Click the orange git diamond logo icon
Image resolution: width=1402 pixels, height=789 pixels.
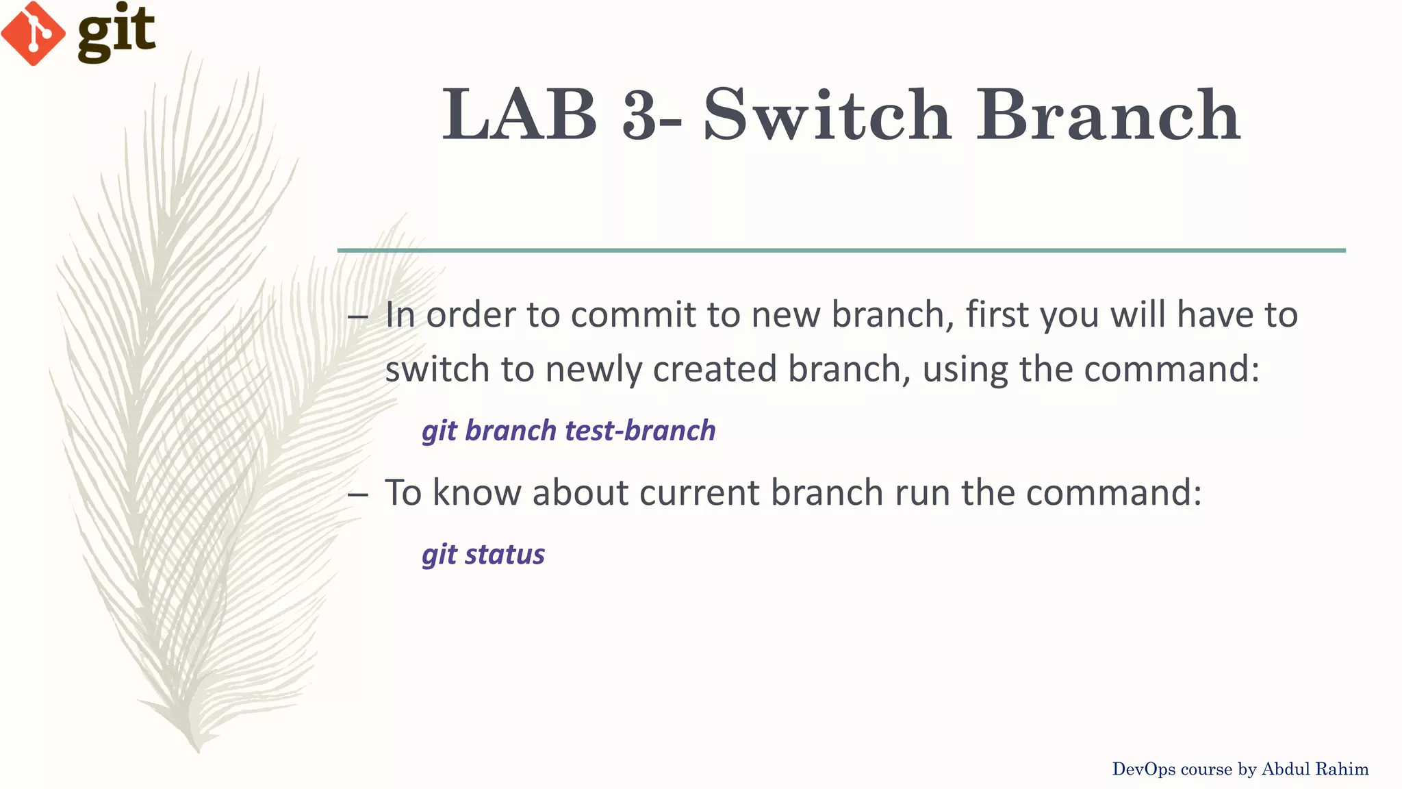[33, 33]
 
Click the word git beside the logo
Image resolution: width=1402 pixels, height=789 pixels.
[116, 31]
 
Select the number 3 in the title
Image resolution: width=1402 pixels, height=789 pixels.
[641, 115]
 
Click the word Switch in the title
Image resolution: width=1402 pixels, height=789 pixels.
[827, 115]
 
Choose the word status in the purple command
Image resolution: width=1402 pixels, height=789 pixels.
[505, 554]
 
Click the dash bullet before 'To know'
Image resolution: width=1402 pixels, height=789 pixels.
[358, 494]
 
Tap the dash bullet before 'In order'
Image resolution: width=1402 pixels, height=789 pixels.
[358, 316]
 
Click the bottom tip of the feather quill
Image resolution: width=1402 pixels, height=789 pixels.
[197, 749]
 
